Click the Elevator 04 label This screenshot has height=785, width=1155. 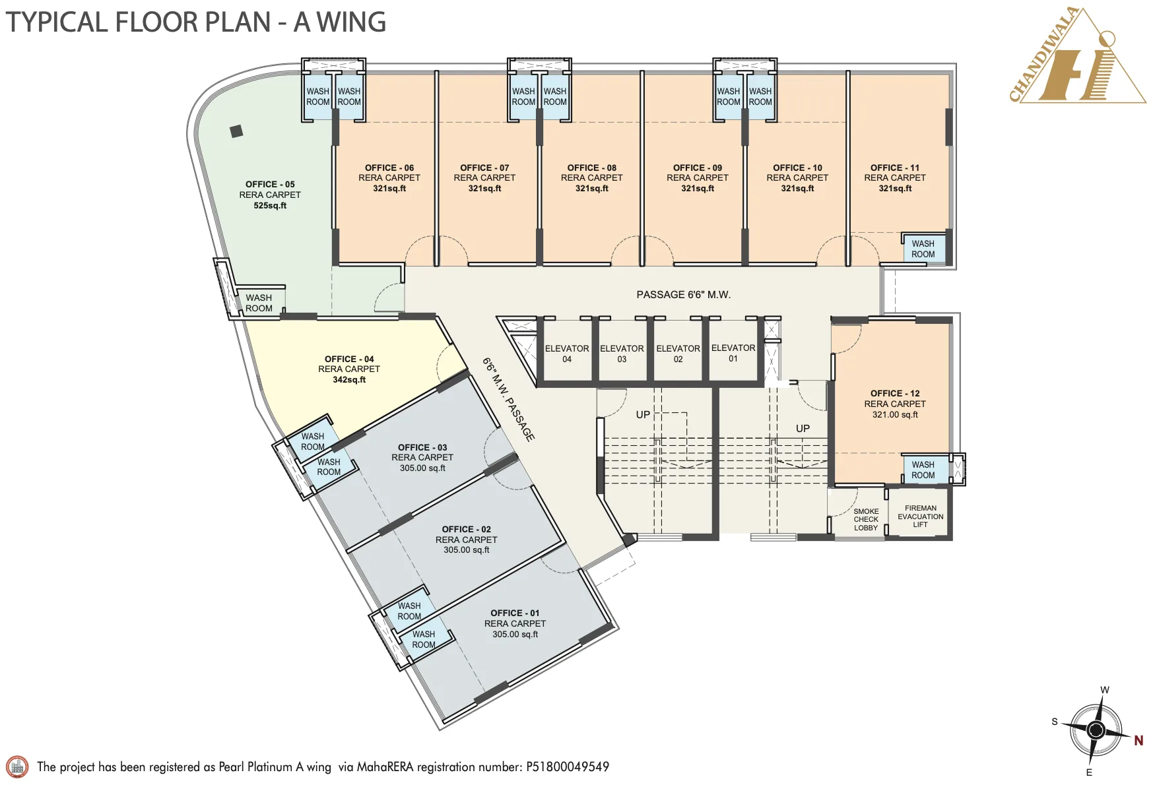click(566, 354)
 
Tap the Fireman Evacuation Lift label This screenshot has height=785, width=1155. click(920, 517)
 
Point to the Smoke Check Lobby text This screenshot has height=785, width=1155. click(866, 520)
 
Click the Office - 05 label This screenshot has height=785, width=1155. click(270, 185)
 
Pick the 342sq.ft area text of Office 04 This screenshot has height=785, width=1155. click(349, 380)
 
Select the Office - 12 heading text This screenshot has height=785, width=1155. click(894, 393)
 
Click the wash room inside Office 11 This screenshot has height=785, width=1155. click(923, 249)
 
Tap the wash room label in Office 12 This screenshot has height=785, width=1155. click(923, 470)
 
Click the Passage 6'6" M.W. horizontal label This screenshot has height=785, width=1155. click(683, 295)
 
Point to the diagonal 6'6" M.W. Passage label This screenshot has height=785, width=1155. click(508, 399)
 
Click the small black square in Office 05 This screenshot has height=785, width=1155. click(236, 131)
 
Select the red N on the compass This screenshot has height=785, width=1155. click(1138, 741)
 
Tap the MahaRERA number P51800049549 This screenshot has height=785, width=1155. click(567, 767)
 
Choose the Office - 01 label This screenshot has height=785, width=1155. click(515, 613)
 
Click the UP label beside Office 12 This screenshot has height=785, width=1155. click(803, 429)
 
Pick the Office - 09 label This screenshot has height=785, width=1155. click(697, 168)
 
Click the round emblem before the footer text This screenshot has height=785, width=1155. click(17, 767)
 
